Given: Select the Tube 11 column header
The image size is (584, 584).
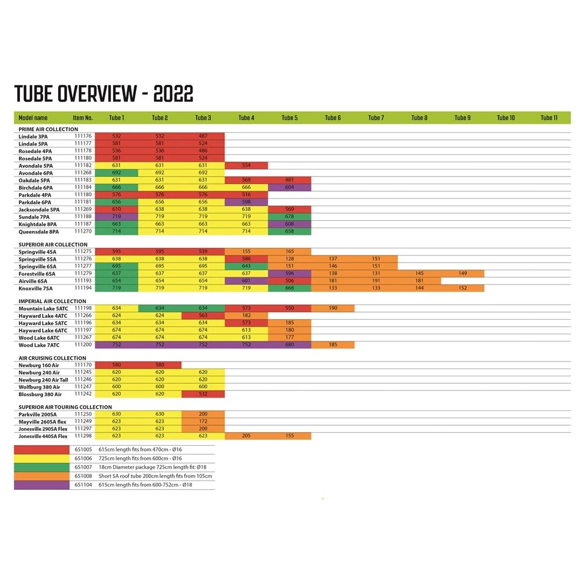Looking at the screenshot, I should coord(549,118).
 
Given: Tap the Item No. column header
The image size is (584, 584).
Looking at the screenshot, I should coord(83,118).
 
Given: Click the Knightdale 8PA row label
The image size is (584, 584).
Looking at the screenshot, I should coord(38,224).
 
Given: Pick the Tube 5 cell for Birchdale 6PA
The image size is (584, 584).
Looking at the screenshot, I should coord(290,187).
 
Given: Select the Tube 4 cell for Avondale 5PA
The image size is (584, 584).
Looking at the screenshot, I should coord(246,165).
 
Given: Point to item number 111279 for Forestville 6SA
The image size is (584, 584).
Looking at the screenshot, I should coord(83,273).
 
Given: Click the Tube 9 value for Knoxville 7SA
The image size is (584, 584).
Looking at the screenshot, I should coord(463,288).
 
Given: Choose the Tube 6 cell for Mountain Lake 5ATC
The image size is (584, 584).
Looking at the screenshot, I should coord(333,308).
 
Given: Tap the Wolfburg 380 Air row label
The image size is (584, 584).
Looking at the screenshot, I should coord(39,387).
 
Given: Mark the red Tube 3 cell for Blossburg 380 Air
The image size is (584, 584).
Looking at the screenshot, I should coord(203,394).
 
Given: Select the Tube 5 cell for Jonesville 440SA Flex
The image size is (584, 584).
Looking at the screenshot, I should coord(290,436).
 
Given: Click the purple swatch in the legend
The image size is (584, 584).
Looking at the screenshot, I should coord(41,485).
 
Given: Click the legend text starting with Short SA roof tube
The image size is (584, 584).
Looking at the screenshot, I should coord(155,476).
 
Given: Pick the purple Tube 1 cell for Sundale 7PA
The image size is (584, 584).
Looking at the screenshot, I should coord(117,217).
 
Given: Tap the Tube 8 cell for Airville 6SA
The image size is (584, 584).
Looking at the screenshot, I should coord(419,281).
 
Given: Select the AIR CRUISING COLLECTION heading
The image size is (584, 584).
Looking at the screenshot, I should coord(52,358).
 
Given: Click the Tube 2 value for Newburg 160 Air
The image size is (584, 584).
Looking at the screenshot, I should coord(160,365).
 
